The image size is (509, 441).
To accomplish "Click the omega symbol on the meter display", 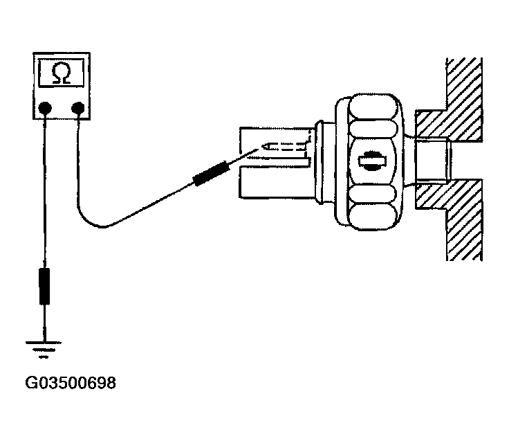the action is point(62,73).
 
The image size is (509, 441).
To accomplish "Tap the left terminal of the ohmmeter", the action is point(45,107).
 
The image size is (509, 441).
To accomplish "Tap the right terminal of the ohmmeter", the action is point(78,107).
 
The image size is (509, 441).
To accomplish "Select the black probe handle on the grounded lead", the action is point(44,286).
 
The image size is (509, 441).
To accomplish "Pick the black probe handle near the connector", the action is point(211,174).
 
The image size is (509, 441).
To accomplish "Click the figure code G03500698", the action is point(71,383).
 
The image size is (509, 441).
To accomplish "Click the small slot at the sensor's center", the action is point(372,161).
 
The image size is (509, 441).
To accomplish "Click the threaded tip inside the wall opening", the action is point(432,161).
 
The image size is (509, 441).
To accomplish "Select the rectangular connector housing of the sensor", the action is point(276,163).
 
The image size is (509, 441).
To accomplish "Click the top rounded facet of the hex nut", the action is point(373,107).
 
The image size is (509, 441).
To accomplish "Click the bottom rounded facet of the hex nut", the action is point(373,217).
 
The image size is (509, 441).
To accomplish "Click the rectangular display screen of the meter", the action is point(62,73).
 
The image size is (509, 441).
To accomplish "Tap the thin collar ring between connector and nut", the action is point(320,163).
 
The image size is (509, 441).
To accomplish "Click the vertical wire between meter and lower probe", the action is point(44,191).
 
